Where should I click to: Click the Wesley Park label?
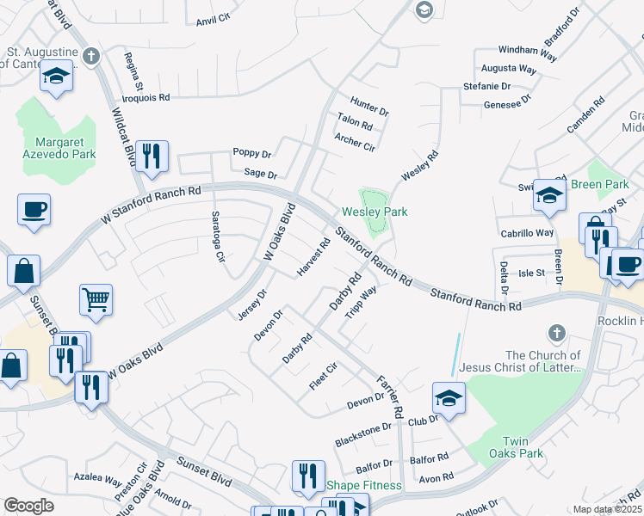(375, 212)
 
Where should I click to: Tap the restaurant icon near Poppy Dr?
(152, 157)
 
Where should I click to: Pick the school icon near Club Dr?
(449, 397)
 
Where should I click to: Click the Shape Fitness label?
(363, 485)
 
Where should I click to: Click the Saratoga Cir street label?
(219, 236)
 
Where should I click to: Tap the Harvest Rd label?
(313, 257)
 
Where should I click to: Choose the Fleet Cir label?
(323, 378)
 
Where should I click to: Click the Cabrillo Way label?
(527, 233)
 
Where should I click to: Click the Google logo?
(28, 506)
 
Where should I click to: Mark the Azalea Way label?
(97, 477)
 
